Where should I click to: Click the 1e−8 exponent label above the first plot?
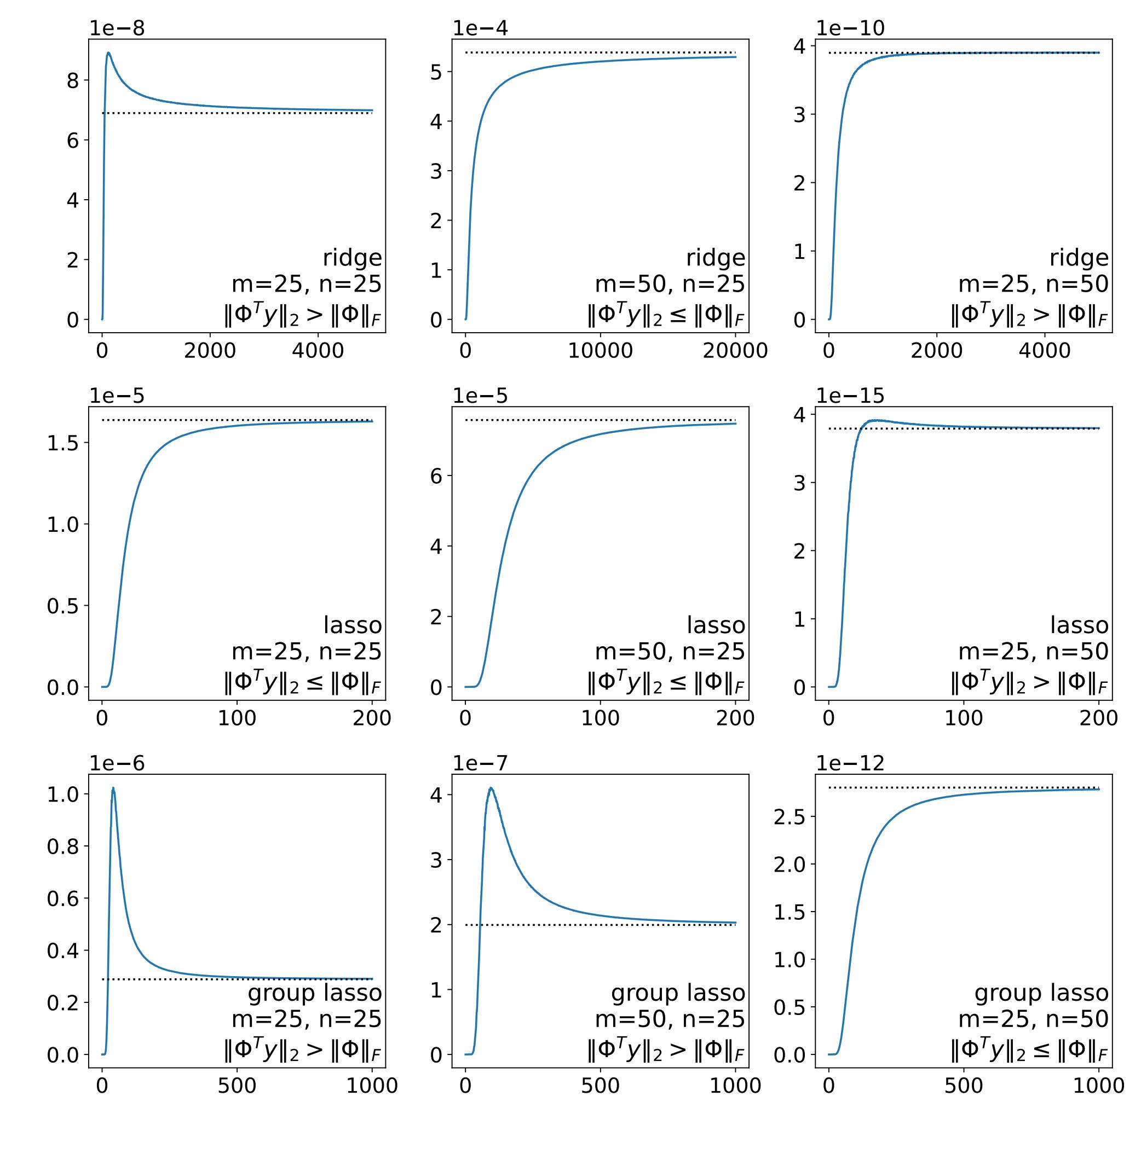[x=117, y=28]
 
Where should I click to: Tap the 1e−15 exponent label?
[x=850, y=395]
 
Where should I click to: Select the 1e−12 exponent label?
[x=850, y=763]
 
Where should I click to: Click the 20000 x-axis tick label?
[x=735, y=351]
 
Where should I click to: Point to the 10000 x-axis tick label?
[x=600, y=351]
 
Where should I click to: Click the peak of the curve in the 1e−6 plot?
[x=113, y=788]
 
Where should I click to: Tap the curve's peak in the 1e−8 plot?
[x=108, y=53]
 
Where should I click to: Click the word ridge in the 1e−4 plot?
[x=716, y=258]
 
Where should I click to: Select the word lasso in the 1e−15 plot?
[x=1079, y=625]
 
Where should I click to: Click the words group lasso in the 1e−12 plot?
[x=1041, y=993]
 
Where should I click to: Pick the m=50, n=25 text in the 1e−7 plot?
[x=670, y=1019]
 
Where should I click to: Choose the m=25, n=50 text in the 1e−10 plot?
[x=1033, y=284]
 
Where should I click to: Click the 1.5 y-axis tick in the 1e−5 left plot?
[x=63, y=443]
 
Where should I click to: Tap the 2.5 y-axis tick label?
[x=790, y=817]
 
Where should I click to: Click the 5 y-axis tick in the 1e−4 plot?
[x=436, y=72]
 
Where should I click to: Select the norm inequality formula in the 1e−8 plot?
[x=303, y=315]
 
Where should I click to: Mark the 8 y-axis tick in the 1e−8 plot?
[x=72, y=80]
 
